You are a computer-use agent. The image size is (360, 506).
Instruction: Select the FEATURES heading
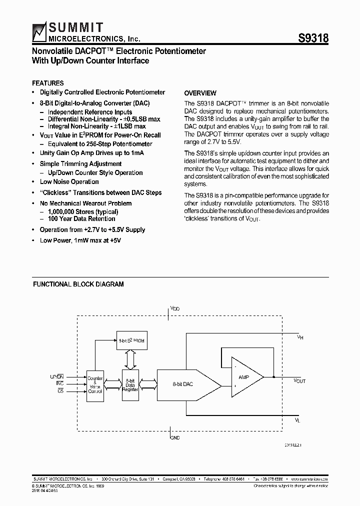pos(47,83)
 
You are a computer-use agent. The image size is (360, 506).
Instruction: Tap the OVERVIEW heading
pos(200,93)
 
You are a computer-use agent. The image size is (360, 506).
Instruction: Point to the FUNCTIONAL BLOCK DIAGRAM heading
pos(78,284)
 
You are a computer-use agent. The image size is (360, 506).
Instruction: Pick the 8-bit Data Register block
pos(130,384)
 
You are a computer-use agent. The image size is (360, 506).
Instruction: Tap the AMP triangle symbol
pos(245,377)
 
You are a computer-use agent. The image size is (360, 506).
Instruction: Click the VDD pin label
pos(174,309)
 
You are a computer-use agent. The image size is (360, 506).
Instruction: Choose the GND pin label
pos(174,437)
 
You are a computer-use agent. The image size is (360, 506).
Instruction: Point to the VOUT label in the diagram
pos(299,381)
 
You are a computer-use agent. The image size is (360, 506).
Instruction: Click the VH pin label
pos(300,338)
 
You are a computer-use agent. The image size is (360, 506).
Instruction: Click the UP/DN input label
pos(57,376)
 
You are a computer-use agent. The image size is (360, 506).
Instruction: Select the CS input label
pos(60,390)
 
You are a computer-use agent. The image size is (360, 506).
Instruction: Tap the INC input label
pos(59,383)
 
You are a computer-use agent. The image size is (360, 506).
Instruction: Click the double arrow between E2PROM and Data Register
pos(130,358)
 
